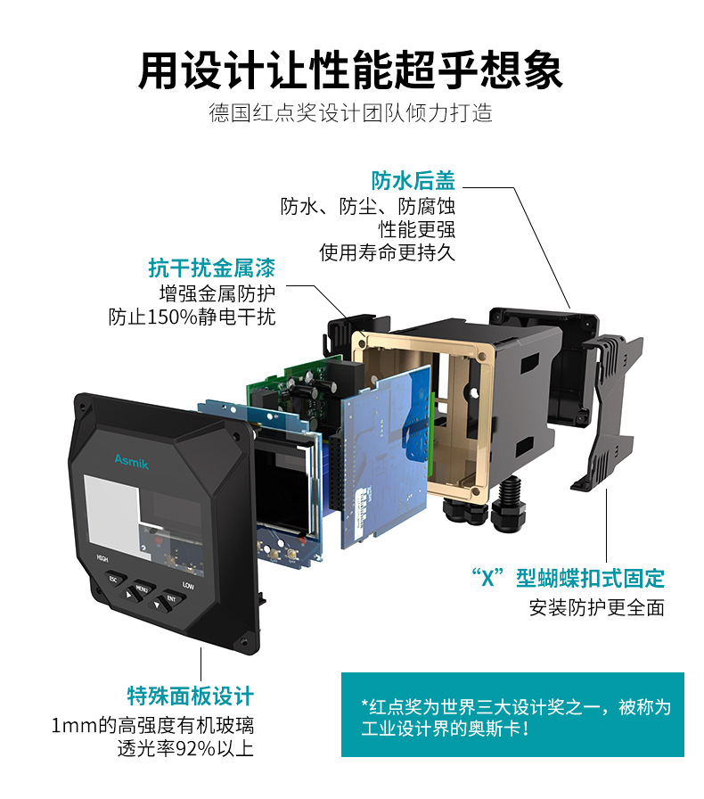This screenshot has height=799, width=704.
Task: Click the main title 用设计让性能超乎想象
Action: coord(350,70)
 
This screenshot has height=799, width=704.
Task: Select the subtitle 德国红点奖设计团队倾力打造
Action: coord(350,114)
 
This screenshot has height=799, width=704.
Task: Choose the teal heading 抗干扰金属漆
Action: coord(211,268)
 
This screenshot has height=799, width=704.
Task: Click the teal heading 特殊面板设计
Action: coord(190,696)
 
